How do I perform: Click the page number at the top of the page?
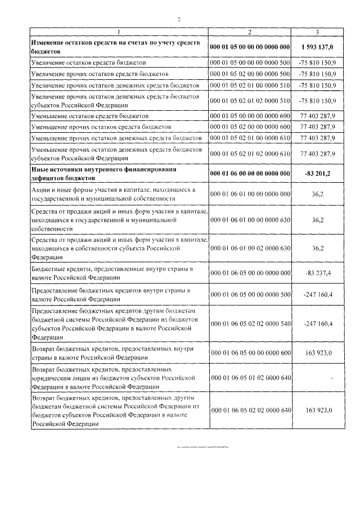(179, 20)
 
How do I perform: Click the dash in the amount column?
(332, 379)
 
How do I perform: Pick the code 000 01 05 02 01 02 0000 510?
(249, 101)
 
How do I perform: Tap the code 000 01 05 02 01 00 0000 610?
(249, 138)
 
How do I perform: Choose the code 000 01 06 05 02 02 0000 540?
(249, 325)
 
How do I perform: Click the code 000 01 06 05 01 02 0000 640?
(249, 379)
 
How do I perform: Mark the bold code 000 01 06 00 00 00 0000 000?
(249, 173)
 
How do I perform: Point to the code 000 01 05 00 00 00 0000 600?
(249, 115)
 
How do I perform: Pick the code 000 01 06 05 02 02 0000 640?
(249, 411)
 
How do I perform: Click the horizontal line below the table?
(202, 448)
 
